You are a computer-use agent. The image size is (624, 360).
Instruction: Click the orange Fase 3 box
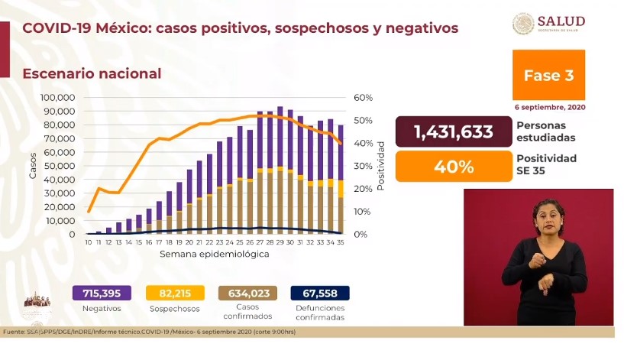[548, 75]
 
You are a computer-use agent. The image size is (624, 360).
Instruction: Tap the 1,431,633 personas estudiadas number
[453, 131]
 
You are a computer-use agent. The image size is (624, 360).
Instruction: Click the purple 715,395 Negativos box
[102, 294]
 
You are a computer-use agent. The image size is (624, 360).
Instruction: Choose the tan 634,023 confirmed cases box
[247, 294]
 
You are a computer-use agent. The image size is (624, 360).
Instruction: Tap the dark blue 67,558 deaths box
[321, 294]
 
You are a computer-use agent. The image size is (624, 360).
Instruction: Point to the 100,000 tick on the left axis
[57, 98]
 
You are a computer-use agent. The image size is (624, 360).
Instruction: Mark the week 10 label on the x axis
[89, 242]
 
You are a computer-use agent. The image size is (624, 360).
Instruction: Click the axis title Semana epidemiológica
[214, 254]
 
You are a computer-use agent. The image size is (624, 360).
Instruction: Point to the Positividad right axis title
[380, 166]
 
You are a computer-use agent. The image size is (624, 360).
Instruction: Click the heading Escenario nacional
[92, 73]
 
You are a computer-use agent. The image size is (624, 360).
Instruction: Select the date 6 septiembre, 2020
[548, 107]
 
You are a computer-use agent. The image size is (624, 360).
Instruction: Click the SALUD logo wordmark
[562, 21]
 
